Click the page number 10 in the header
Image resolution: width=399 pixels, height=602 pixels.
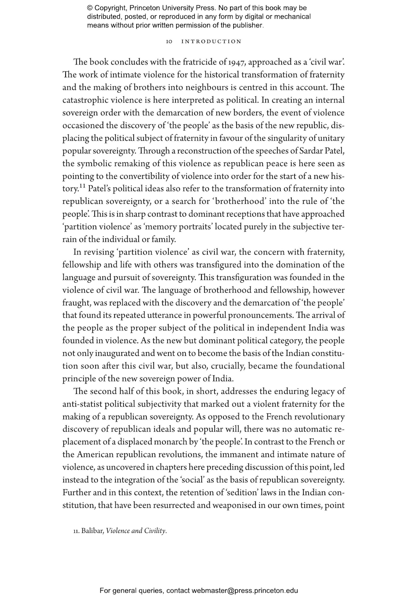169,41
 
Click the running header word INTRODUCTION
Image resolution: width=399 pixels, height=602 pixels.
211,41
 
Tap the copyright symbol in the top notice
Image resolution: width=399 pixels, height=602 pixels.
89,8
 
